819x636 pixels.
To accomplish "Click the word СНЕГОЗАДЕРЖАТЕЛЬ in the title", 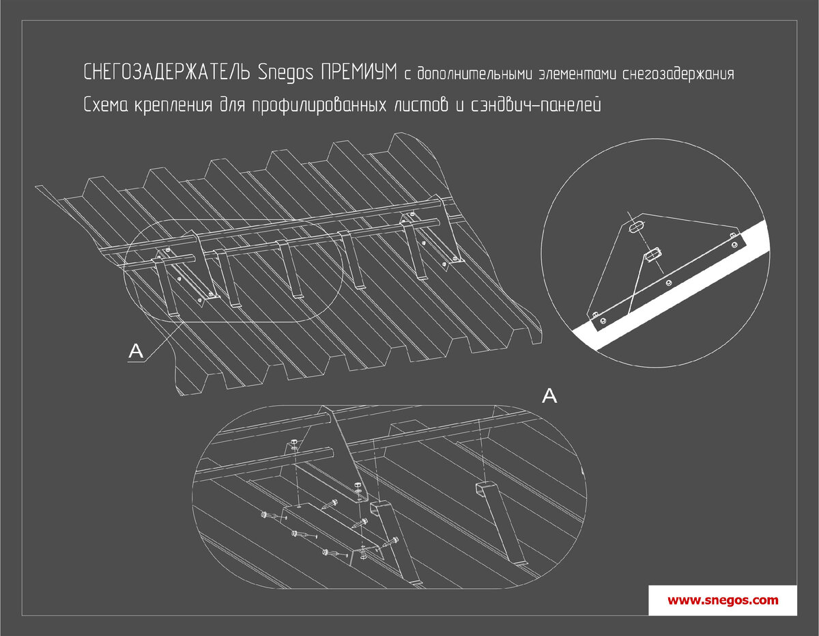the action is point(167,72).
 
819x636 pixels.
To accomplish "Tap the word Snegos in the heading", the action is point(286,72).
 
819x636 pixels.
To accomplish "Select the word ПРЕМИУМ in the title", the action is point(359,72).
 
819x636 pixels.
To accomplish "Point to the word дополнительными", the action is point(475,73).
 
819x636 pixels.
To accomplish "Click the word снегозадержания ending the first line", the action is point(678,74).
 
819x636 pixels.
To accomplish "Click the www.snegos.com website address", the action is point(723,600).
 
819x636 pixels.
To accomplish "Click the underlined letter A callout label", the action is point(136,352).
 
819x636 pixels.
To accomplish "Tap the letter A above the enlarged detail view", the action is point(549,396).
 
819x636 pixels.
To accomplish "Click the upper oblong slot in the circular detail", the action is point(636,227).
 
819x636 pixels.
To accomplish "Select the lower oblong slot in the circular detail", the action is point(652,254).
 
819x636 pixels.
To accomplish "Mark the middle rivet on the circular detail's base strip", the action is point(668,283).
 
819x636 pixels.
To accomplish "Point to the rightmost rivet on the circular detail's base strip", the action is point(734,245).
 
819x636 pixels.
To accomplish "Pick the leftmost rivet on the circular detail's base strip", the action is point(603,320).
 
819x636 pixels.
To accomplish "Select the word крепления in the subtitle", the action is point(174,106).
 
